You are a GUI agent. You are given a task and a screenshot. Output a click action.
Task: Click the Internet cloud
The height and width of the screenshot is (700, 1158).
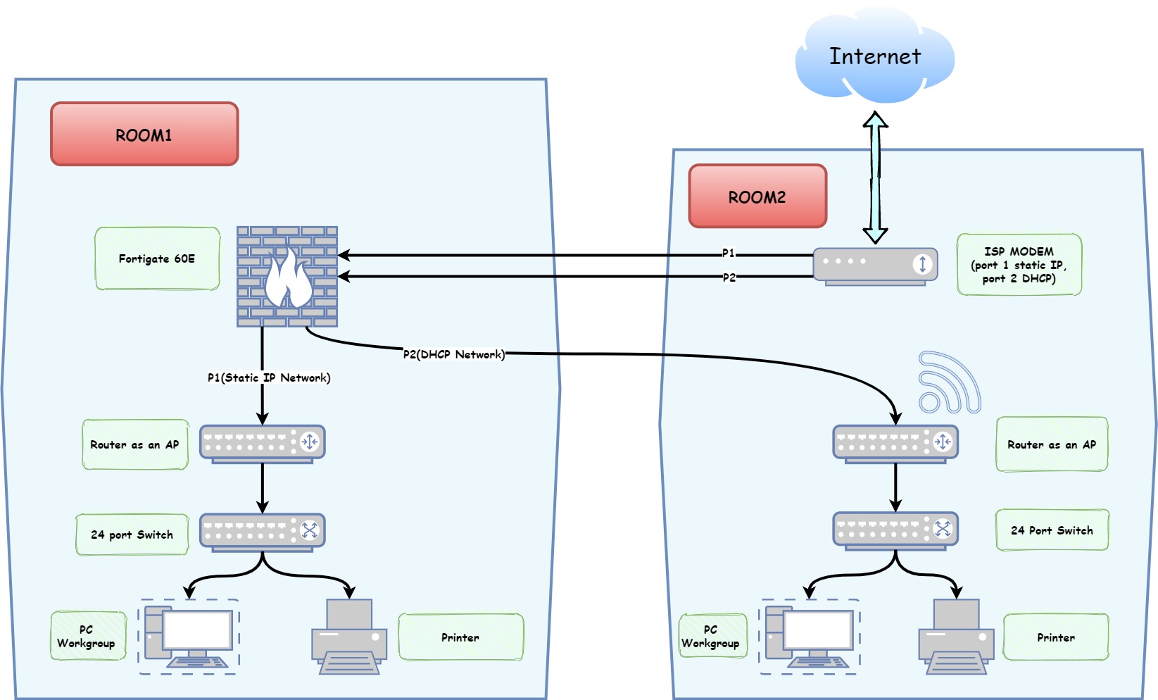point(874,56)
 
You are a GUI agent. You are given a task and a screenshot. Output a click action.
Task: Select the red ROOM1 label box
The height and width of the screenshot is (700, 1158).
point(144,135)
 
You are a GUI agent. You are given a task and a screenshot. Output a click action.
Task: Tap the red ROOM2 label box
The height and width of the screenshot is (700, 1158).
point(757,196)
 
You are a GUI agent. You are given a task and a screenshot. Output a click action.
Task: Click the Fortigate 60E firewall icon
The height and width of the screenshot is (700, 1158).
point(287,277)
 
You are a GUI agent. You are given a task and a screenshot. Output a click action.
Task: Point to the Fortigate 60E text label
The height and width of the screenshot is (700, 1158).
point(157,258)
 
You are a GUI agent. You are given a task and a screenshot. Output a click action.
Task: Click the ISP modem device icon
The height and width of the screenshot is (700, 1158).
point(875,266)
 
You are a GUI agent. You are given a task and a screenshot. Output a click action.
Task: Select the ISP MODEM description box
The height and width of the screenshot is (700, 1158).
point(1019,265)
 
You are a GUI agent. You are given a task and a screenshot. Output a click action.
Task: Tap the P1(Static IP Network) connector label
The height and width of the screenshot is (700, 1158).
point(269,377)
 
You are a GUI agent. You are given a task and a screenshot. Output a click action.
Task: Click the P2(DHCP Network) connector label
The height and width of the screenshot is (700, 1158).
point(454,354)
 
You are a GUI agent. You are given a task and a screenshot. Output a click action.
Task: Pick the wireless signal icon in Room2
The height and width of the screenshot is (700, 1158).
point(948,383)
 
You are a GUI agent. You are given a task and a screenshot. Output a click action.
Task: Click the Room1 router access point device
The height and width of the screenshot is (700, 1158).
point(262,443)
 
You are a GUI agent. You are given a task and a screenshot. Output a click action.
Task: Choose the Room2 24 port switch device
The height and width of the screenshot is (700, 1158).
point(895,530)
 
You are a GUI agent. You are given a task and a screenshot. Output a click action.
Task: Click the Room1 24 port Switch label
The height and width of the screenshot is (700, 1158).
point(132,535)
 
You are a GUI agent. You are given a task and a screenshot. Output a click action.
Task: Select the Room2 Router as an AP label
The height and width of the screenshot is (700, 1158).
point(1052,444)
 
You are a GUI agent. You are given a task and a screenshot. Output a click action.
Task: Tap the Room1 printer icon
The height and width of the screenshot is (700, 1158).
point(349,637)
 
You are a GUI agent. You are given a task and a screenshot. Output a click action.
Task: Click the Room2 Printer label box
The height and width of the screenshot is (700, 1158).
point(1056,637)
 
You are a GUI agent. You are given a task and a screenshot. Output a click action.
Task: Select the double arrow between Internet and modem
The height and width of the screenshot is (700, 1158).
point(875,177)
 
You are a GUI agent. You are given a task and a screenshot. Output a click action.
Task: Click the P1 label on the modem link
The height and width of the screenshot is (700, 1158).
point(729,253)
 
